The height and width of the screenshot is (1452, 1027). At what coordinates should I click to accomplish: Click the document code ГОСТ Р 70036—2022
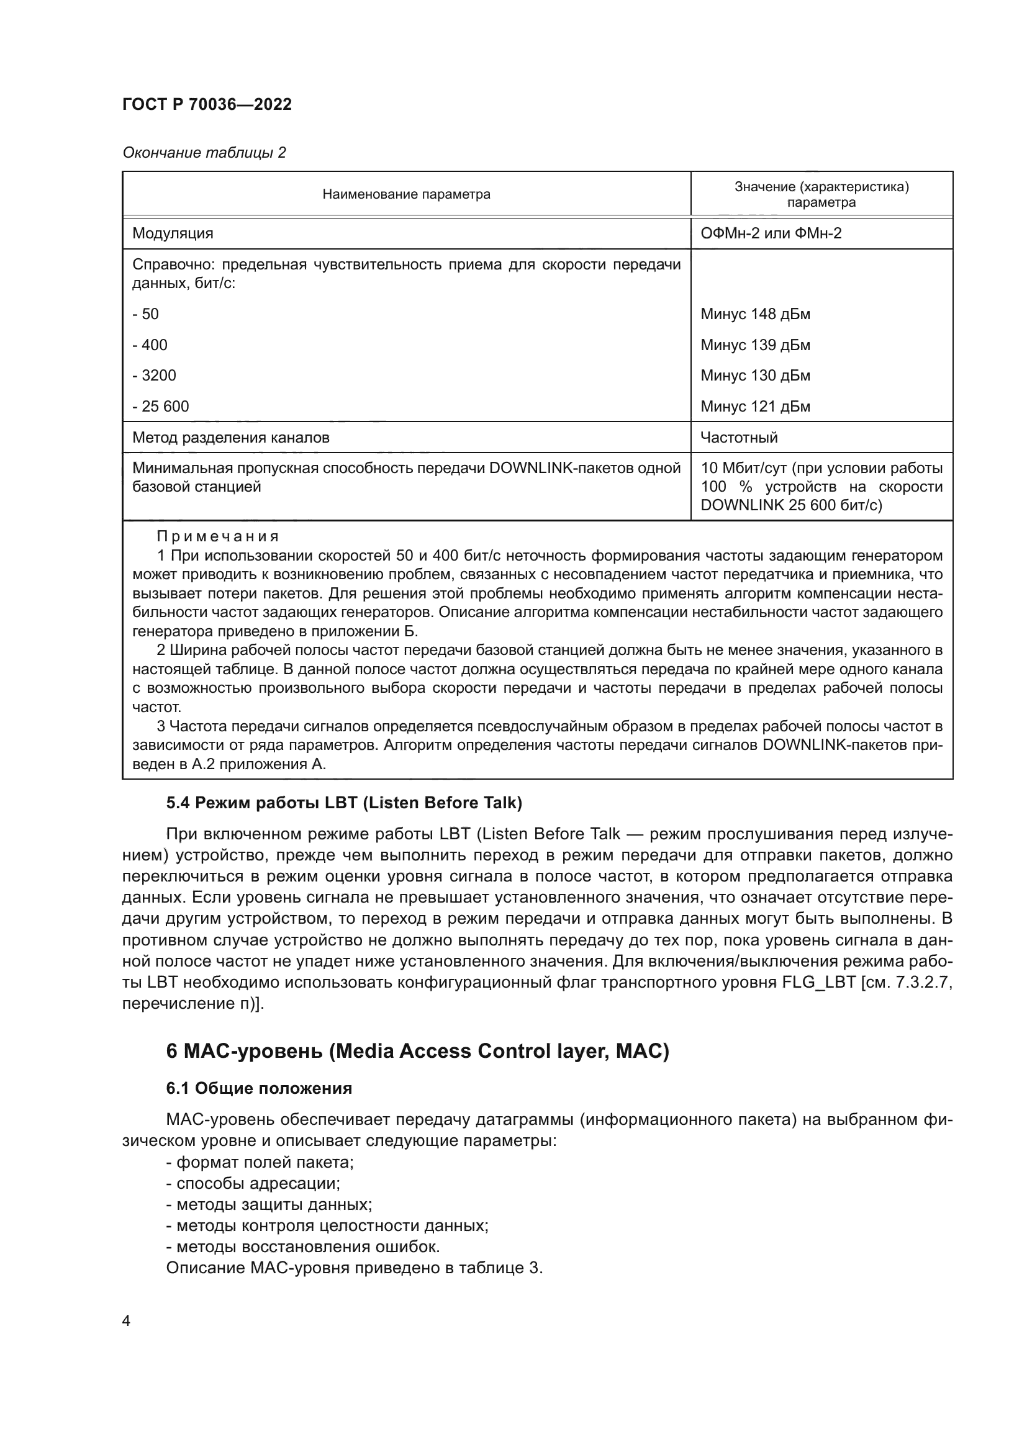pyautogui.click(x=207, y=104)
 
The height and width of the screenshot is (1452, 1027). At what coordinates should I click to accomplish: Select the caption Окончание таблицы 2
pyautogui.click(x=204, y=153)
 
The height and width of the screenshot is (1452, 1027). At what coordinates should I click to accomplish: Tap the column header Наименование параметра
pyautogui.click(x=406, y=194)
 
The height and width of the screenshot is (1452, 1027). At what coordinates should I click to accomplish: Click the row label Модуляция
pyautogui.click(x=173, y=233)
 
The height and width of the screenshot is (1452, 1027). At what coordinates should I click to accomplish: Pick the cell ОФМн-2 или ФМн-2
pyautogui.click(x=771, y=233)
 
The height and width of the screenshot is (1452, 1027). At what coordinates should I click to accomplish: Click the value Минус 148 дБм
pyautogui.click(x=755, y=313)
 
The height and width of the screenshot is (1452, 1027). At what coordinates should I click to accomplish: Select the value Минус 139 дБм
pyautogui.click(x=755, y=345)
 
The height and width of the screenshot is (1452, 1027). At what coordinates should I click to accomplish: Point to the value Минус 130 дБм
pyautogui.click(x=755, y=375)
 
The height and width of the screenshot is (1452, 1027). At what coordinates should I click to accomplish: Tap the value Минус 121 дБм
pyautogui.click(x=755, y=406)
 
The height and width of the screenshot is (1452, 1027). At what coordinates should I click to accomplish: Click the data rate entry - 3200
pyautogui.click(x=155, y=375)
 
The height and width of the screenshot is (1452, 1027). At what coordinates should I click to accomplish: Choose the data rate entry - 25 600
pyautogui.click(x=161, y=406)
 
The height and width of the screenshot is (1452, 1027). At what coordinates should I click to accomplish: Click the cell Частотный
pyautogui.click(x=739, y=437)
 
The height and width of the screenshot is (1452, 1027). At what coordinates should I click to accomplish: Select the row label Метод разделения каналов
pyautogui.click(x=231, y=437)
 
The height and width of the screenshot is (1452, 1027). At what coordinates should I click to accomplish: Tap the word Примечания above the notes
pyautogui.click(x=217, y=536)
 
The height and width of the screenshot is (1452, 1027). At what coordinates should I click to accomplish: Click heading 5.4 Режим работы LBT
pyautogui.click(x=344, y=803)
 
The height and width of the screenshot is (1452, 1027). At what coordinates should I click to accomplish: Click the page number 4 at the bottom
pyautogui.click(x=126, y=1320)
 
